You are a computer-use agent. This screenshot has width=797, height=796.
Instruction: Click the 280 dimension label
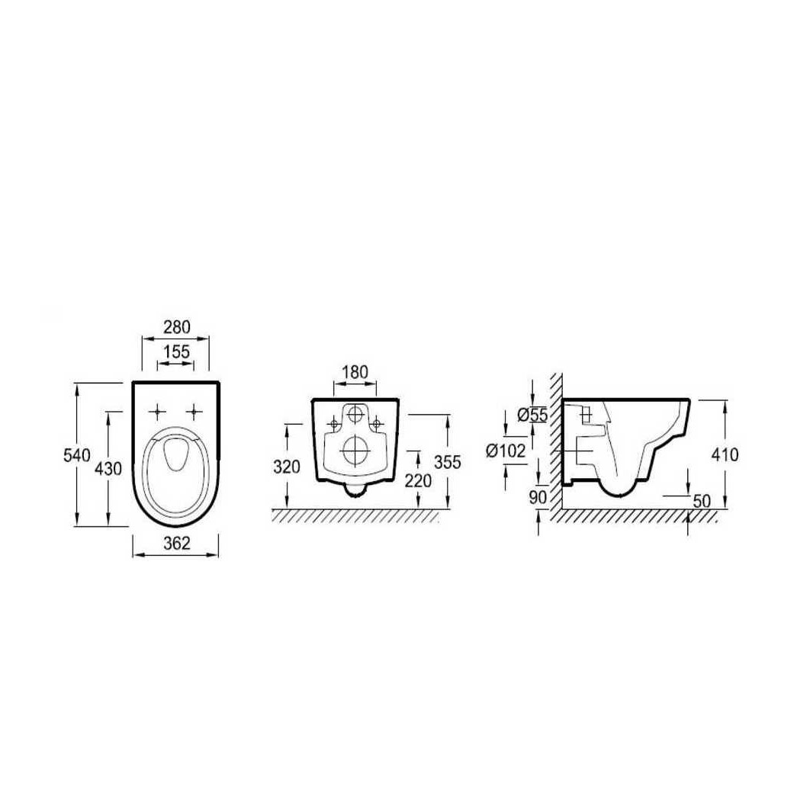coord(176,327)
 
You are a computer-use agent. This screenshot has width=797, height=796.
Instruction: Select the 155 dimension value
coord(176,351)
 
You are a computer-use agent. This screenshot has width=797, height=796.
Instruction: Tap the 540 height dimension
coord(77,455)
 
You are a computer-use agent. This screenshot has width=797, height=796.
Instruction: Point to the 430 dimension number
coord(109,468)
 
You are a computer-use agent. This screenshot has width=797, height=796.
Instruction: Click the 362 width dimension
coord(177,544)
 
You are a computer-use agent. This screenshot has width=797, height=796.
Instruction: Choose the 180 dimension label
coord(354,372)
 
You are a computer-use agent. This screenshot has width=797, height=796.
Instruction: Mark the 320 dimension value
coord(287,467)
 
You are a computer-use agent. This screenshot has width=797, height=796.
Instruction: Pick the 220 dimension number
coord(418,480)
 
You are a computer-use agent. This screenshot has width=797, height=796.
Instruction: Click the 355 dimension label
coord(448,462)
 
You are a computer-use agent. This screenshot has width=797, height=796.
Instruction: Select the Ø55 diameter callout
coord(532,416)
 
